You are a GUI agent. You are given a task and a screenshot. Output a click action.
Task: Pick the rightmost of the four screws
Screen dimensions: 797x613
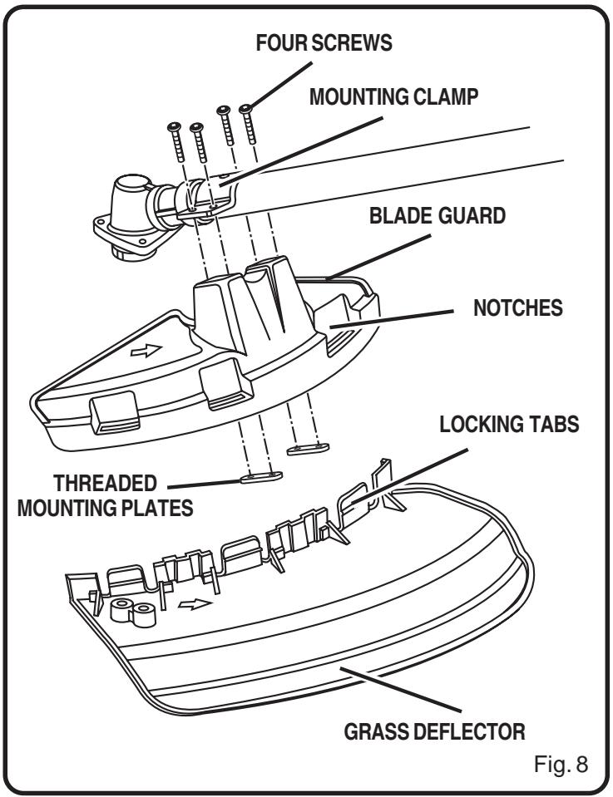246,109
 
